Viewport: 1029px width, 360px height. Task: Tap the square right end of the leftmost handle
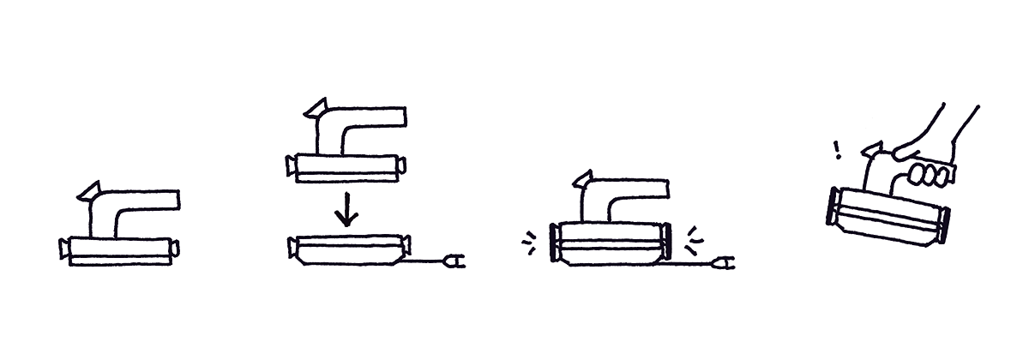click(174, 201)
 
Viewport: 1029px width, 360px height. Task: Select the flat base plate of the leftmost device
click(119, 250)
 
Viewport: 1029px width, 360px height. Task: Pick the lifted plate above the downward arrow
click(347, 165)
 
